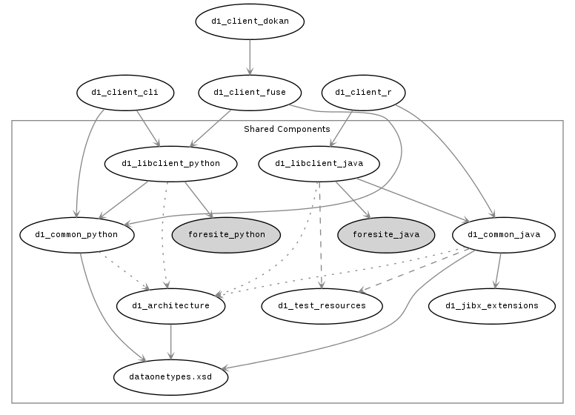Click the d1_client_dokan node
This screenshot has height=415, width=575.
pos(250,21)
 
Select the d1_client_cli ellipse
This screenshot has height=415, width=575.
pos(125,93)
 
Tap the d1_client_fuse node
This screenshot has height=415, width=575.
pos(249,93)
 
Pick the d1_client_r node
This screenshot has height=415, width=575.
pos(368,93)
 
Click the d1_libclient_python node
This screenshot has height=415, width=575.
pos(171,163)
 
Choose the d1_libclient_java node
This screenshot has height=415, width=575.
pos(316,163)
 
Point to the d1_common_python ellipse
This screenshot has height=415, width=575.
pos(77,235)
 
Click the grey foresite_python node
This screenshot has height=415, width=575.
pos(227,235)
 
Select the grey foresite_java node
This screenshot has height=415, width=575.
pos(386,235)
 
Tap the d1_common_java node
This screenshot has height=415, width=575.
pos(504,235)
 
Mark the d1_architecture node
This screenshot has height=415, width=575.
pos(171,305)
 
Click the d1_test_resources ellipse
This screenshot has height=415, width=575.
pos(322,305)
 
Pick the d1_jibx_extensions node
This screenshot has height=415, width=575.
pos(492,305)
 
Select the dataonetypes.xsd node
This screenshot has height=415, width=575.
pos(171,376)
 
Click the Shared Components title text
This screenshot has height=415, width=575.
pos(287,129)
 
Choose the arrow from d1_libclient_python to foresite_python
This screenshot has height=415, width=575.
pos(199,199)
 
